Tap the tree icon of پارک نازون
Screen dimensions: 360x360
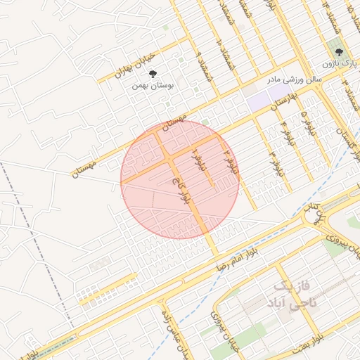click(339, 52)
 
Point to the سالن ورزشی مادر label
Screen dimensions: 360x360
click(294, 79)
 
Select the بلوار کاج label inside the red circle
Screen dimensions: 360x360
click(185, 191)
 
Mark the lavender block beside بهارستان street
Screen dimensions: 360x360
click(260, 101)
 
